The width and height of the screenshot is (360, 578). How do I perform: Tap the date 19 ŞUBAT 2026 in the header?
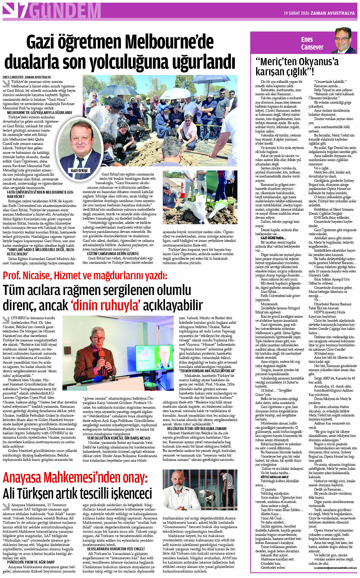click(x=296, y=13)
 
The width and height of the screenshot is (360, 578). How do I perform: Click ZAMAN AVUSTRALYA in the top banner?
click(x=333, y=13)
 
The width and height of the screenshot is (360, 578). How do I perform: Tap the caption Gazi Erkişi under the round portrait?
click(x=79, y=170)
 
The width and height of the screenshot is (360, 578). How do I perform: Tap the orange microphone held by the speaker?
click(x=102, y=355)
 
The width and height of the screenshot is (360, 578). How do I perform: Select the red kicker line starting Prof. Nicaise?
click(x=85, y=276)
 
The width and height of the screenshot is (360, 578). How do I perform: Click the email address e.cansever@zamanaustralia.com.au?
click(x=335, y=568)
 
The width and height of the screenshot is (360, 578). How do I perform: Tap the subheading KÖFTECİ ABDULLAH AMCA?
click(x=274, y=477)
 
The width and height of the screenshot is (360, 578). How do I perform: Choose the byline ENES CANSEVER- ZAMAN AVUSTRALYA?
click(x=27, y=77)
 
